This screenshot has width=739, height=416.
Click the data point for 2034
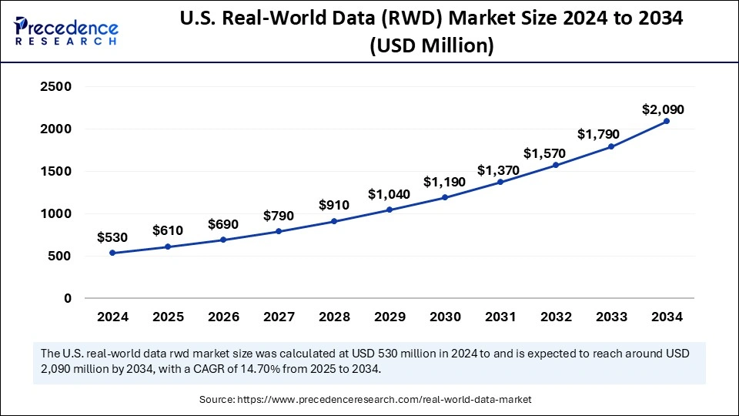667,121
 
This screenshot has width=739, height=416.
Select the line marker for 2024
112,253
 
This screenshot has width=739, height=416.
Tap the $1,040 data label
390,194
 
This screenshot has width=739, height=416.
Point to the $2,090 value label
663,109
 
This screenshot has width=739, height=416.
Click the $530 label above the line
112,238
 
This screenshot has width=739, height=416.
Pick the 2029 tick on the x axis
390,317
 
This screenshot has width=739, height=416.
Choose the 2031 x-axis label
500,317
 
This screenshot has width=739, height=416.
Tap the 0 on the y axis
67,298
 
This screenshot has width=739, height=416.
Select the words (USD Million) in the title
431,45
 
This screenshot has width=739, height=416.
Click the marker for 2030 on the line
445,197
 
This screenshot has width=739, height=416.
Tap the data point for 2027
279,231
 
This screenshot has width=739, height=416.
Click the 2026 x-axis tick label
223,317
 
